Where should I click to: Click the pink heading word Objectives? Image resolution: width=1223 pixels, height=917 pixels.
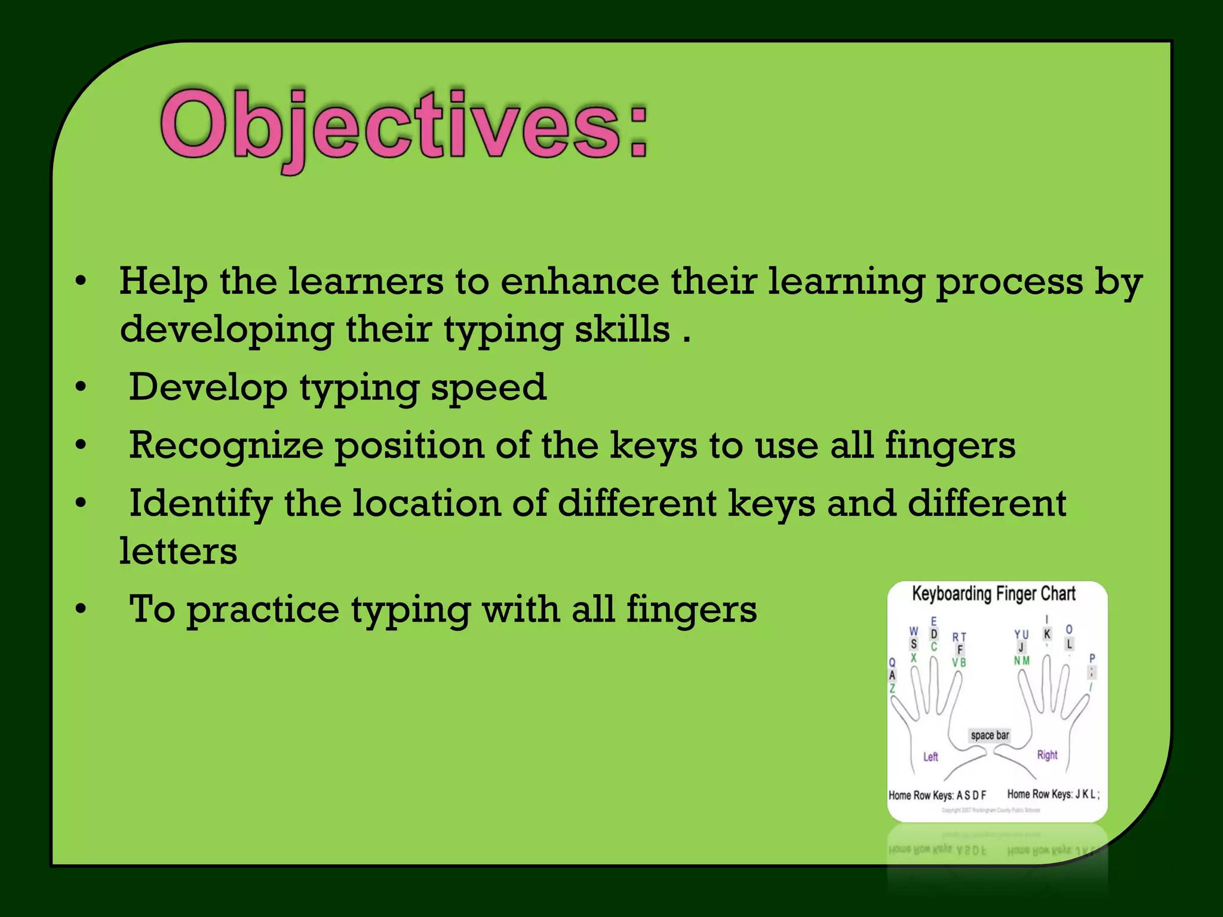click(x=403, y=127)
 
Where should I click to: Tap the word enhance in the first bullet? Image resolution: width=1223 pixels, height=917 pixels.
click(x=579, y=281)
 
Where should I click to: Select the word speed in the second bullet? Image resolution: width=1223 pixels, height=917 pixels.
click(x=488, y=387)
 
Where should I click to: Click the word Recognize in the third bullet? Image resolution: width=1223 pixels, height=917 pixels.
click(x=225, y=446)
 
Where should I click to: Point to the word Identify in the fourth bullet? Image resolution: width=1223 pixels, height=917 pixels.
click(x=200, y=503)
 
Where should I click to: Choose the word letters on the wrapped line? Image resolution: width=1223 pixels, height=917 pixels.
click(x=178, y=551)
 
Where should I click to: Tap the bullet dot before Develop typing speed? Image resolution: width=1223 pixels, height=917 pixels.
click(x=81, y=387)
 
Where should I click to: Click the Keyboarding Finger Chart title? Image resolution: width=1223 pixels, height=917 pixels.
click(x=994, y=594)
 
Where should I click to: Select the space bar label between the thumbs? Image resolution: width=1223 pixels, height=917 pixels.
click(x=990, y=735)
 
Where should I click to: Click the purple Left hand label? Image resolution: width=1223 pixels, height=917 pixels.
click(x=930, y=757)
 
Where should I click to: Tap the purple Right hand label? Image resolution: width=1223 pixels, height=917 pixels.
click(x=1047, y=755)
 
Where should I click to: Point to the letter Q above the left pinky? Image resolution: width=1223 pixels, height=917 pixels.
click(x=892, y=663)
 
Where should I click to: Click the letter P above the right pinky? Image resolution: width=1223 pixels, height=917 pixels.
click(x=1092, y=658)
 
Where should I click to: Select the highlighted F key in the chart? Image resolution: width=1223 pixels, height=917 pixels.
click(x=960, y=650)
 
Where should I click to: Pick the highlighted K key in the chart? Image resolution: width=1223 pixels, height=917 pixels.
click(x=1047, y=634)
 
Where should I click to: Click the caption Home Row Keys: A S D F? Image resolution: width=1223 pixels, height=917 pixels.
click(x=937, y=795)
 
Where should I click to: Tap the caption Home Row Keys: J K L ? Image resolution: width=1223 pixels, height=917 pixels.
click(x=1053, y=794)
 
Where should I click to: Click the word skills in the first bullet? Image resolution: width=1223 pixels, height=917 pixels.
click(x=622, y=330)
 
